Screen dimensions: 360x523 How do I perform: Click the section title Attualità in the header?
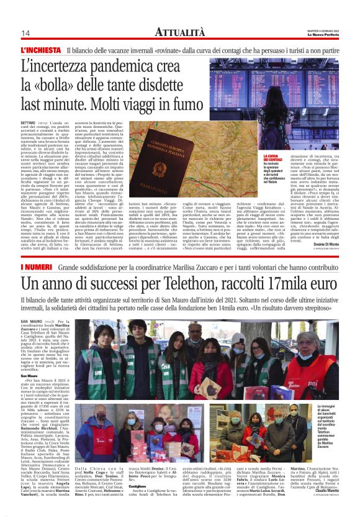click(180, 31)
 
